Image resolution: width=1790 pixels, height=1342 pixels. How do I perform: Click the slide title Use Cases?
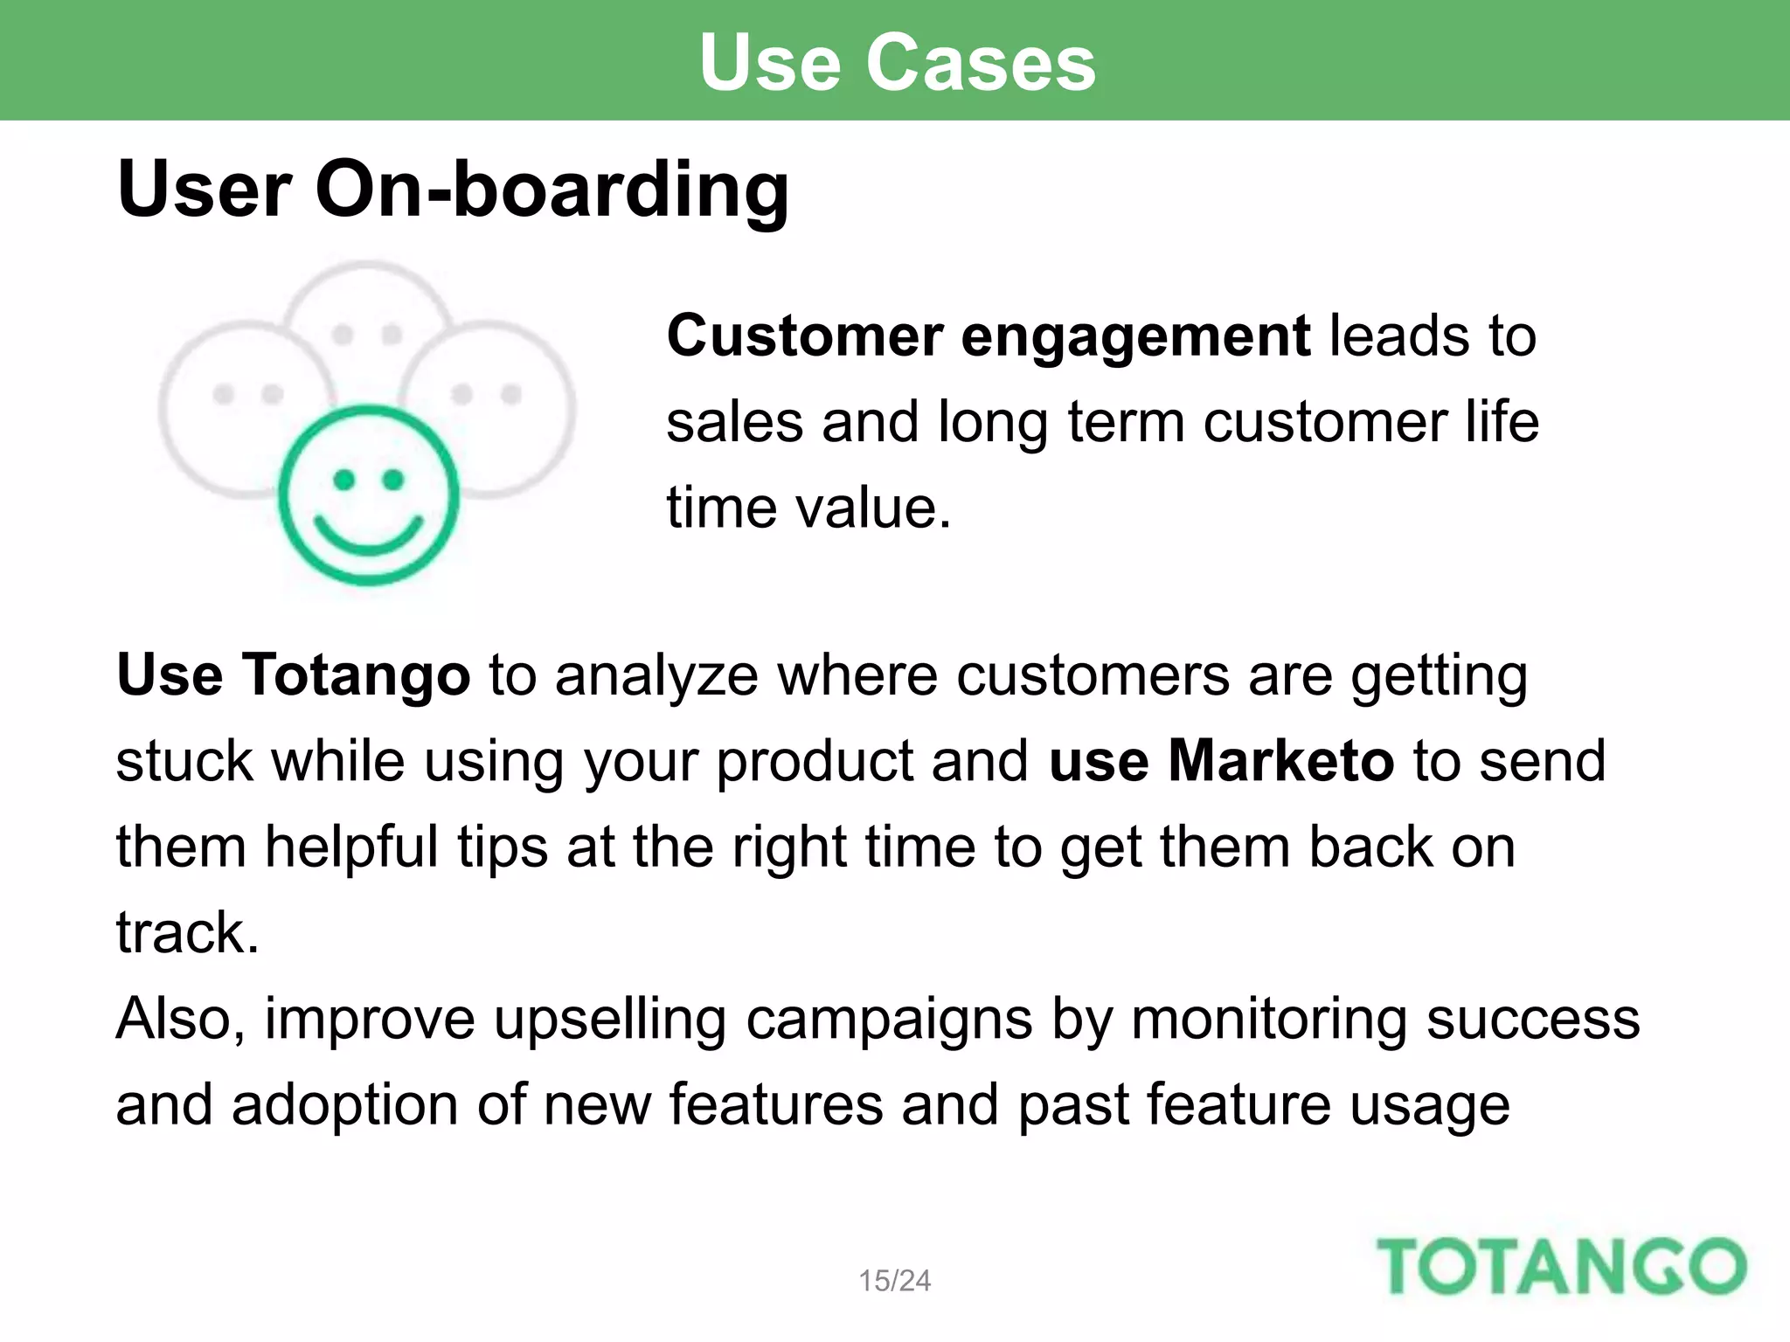[898, 63]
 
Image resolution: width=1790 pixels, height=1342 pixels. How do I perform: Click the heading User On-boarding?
[453, 190]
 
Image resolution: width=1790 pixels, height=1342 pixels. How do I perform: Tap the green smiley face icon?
[368, 495]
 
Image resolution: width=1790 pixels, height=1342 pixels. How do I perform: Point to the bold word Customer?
[805, 335]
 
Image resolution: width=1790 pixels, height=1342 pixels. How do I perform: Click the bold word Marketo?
[1280, 761]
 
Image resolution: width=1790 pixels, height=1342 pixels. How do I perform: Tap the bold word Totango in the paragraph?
[356, 675]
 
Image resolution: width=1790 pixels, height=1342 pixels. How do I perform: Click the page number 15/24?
[894, 1281]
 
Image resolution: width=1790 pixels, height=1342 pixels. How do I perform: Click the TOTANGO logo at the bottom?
[1561, 1267]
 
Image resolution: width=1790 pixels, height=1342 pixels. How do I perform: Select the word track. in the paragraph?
[187, 933]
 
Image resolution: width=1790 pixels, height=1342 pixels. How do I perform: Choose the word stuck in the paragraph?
[184, 761]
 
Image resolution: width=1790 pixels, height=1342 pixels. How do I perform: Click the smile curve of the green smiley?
[368, 536]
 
